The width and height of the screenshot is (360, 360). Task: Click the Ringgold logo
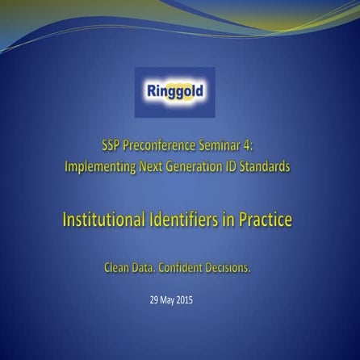174,91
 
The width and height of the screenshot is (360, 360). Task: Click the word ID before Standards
236,167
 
